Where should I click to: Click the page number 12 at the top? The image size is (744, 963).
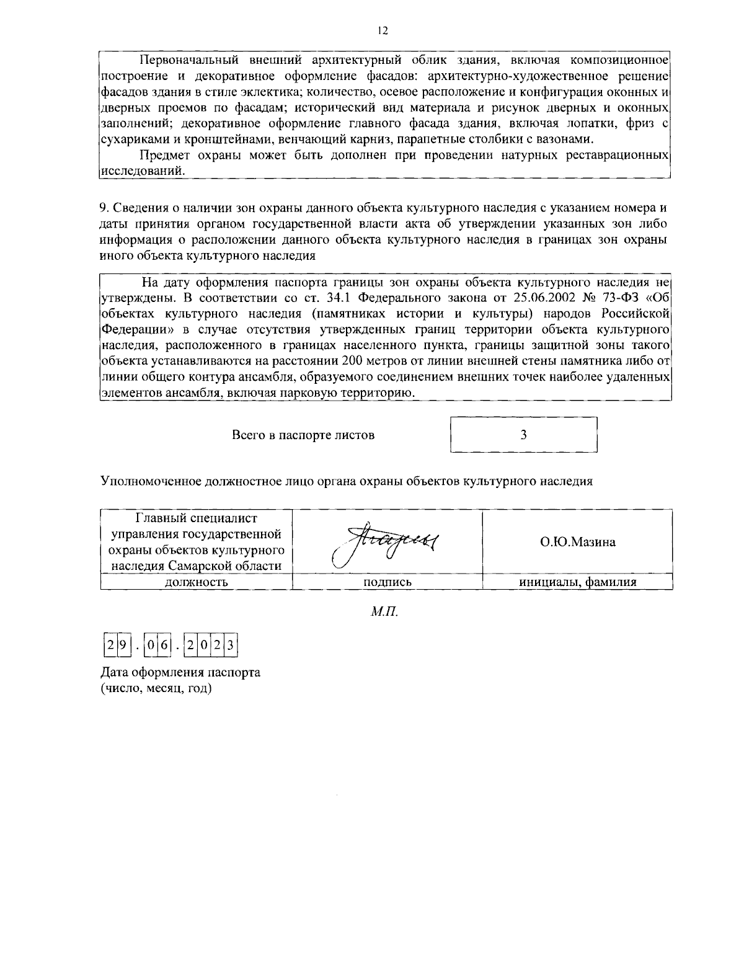point(383,31)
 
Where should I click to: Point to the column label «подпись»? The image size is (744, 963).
point(387,582)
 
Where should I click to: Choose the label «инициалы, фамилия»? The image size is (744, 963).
point(577,582)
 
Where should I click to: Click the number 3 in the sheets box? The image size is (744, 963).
point(523,435)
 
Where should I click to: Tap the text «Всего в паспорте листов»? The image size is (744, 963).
point(303,435)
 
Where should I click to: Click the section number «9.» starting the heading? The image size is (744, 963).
point(104,207)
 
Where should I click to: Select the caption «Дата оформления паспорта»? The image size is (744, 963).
point(180,673)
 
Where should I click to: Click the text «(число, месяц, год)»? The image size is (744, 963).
point(156,688)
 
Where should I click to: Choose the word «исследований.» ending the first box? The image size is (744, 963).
point(142,171)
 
